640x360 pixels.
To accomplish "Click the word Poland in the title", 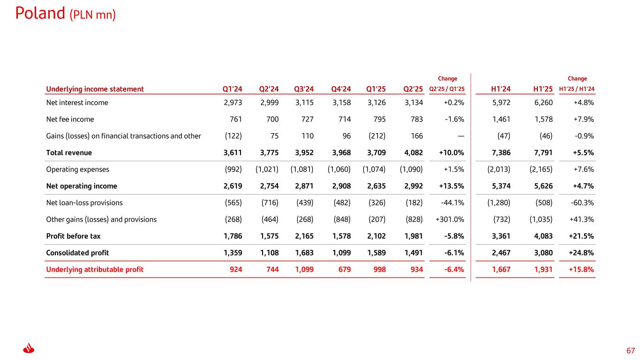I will (40, 13).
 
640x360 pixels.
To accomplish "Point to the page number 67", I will (631, 351).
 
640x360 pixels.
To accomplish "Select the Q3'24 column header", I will (304, 89).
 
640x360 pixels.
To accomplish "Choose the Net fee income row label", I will (70, 119).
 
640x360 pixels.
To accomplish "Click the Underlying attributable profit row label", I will (95, 270).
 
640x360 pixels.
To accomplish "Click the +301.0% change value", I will (450, 219).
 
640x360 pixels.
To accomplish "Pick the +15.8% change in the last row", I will (581, 270).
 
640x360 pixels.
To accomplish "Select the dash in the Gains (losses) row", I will (461, 136).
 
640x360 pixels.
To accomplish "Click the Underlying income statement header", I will (95, 89).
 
